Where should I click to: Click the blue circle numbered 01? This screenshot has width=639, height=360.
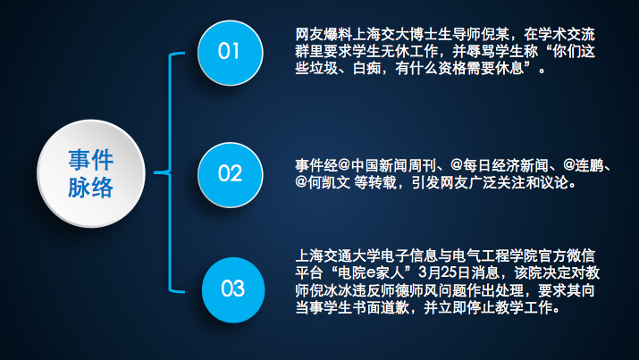231,53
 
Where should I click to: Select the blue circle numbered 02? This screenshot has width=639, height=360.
231,175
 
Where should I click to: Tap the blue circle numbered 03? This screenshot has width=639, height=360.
233,290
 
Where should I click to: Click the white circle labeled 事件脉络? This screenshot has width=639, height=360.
91,173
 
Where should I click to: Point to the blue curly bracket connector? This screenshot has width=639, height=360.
170,172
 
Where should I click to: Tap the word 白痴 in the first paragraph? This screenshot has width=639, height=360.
366,69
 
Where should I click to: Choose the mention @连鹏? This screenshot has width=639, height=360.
584,166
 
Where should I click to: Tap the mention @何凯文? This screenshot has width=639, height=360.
323,183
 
